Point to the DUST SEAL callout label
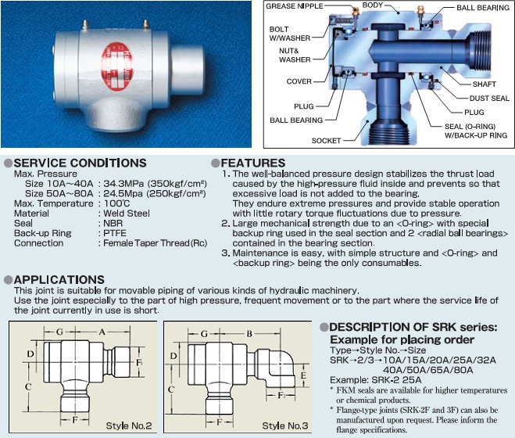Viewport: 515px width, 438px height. [x=488, y=99]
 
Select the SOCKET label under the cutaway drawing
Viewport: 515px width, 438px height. [x=326, y=141]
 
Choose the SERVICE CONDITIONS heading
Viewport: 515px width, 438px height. [x=80, y=163]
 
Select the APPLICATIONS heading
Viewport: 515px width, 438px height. [x=59, y=279]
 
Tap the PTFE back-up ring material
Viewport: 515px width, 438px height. [x=114, y=233]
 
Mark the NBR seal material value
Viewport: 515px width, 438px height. [x=113, y=223]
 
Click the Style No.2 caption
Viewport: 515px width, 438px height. [x=128, y=425]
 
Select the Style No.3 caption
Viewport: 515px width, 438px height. [x=285, y=425]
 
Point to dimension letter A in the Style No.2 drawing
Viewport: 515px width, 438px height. [x=102, y=332]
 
